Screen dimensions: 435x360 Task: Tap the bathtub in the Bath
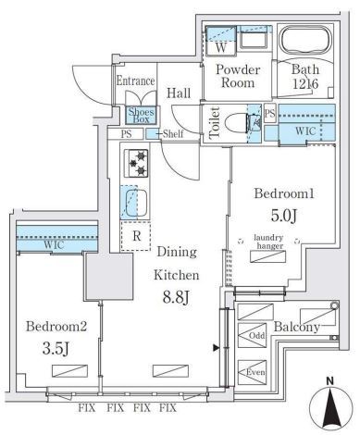coord(306,43)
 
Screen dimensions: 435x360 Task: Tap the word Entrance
coord(135,81)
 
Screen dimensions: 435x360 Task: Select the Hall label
coord(180,93)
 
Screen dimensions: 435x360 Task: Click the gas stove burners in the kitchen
coord(137,164)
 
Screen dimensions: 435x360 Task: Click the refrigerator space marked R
coord(136,236)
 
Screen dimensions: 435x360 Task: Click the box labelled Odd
coord(256,335)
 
